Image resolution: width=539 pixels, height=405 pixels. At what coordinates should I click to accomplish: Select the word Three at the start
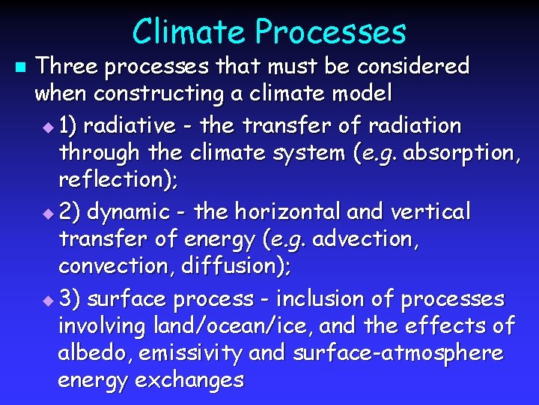pyautogui.click(x=67, y=66)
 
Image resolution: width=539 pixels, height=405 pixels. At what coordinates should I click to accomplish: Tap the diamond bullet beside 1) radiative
pyautogui.click(x=49, y=125)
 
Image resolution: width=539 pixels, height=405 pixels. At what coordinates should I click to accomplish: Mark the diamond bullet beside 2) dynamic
pyautogui.click(x=49, y=213)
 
